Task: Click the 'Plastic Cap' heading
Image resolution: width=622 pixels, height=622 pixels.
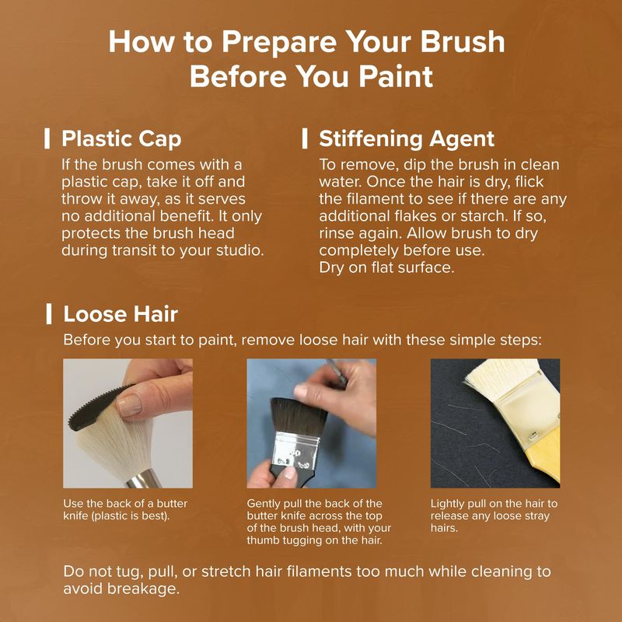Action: point(121,139)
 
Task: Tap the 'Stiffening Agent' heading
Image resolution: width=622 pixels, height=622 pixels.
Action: point(407,139)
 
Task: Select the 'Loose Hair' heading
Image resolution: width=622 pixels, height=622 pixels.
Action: point(121,314)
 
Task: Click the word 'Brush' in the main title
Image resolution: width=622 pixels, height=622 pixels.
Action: point(463,41)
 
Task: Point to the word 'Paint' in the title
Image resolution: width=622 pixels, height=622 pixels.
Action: point(396,75)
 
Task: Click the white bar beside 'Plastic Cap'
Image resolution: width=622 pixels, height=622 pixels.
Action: point(47,138)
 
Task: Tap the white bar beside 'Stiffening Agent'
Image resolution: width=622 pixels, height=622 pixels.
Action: point(305,138)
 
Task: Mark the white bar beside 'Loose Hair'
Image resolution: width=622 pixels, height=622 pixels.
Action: point(49,314)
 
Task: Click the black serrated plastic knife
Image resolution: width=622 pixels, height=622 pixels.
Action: point(97,409)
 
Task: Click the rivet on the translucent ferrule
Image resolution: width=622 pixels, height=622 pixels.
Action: point(533,434)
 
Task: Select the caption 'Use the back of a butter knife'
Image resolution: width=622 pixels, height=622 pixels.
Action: point(125,510)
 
